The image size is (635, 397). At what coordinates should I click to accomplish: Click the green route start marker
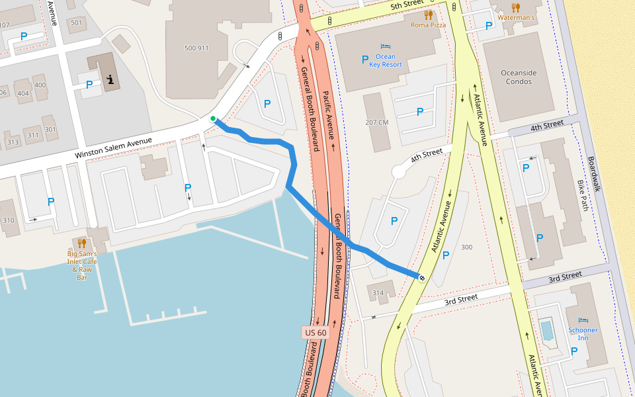click(x=213, y=119)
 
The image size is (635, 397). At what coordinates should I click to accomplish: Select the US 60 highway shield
click(x=316, y=332)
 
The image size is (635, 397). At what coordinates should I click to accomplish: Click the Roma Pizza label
click(x=428, y=24)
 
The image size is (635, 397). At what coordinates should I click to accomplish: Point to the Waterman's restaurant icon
click(x=516, y=7)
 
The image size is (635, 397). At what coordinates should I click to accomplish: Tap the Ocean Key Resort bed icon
click(x=385, y=46)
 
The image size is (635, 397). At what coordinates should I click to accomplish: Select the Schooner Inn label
click(x=582, y=334)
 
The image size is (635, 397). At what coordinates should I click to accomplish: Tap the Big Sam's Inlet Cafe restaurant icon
click(x=82, y=243)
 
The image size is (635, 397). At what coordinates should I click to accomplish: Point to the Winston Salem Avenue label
click(x=113, y=147)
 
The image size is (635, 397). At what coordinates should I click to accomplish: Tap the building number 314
click(x=378, y=292)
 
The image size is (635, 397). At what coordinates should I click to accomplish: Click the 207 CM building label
click(x=376, y=122)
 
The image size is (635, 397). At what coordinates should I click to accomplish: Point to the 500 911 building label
click(x=196, y=48)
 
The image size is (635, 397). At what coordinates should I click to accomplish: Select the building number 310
click(x=9, y=220)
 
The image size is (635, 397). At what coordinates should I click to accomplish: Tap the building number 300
click(x=466, y=247)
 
